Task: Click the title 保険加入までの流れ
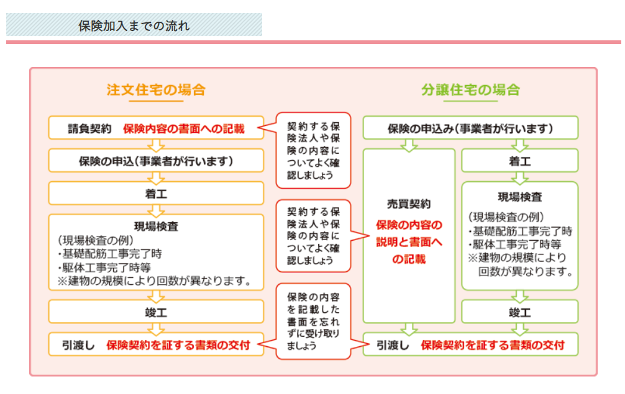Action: click(x=134, y=26)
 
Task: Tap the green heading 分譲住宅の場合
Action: click(x=470, y=89)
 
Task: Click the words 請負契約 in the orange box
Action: click(x=89, y=129)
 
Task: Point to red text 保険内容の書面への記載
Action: click(x=183, y=129)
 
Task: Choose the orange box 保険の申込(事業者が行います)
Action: click(x=155, y=161)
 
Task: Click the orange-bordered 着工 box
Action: click(x=155, y=194)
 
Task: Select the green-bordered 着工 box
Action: click(x=520, y=161)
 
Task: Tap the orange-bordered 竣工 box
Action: click(x=155, y=312)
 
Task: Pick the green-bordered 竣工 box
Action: click(x=520, y=312)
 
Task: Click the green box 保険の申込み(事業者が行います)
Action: click(x=470, y=129)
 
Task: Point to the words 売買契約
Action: click(x=409, y=204)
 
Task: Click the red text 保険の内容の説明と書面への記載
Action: click(x=409, y=242)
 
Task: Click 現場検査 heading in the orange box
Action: click(x=155, y=225)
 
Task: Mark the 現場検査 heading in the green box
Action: click(x=520, y=197)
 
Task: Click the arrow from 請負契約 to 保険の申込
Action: click(x=155, y=145)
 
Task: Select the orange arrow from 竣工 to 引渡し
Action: click(x=155, y=328)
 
